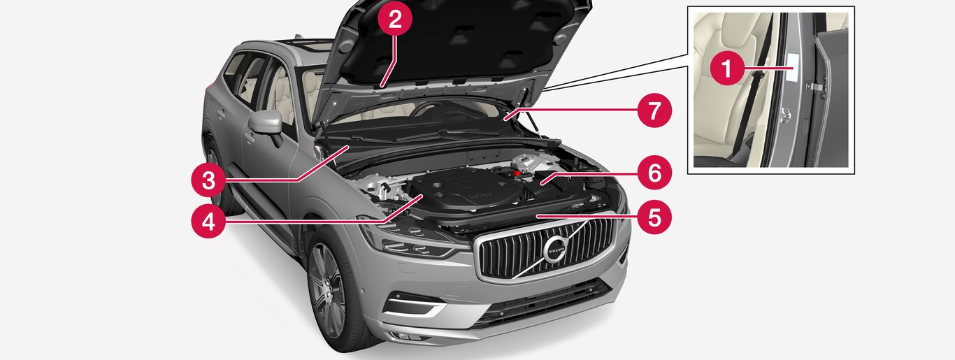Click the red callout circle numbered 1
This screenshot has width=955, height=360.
727,69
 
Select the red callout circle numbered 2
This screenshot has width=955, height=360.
395,19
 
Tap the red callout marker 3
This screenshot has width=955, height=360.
208,180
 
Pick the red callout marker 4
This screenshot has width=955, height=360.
208,221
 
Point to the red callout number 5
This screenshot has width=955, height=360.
654,217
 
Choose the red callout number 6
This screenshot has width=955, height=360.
654,173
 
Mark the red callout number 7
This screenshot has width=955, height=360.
654,110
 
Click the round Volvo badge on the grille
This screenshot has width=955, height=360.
556,250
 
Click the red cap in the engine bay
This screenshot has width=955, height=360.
517,173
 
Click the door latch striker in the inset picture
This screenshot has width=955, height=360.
784,115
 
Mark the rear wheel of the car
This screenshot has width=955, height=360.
215,179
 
